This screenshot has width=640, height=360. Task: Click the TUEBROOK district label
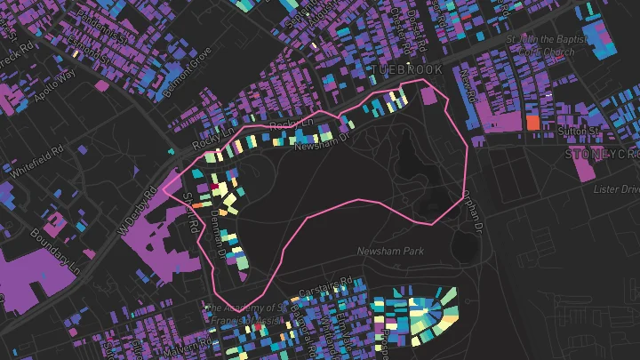pyautogui.click(x=403, y=70)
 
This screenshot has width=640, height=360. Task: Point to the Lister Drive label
pyautogui.click(x=617, y=189)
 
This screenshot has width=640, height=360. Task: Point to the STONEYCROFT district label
pyautogui.click(x=604, y=154)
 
